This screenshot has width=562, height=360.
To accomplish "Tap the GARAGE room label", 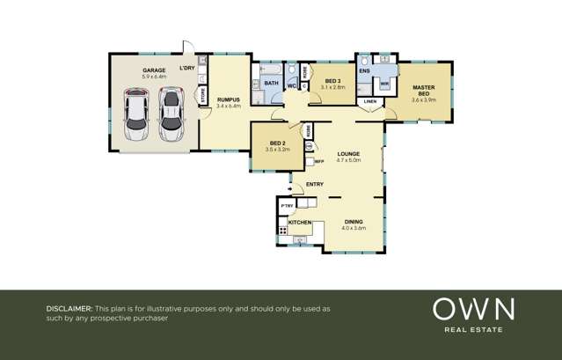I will point(154,70).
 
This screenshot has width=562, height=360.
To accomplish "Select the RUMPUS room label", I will point(229,99).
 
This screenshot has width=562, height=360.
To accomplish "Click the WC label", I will point(291,85).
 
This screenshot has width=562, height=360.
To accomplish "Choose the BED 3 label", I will point(332,81).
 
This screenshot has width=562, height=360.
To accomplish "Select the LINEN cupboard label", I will point(369,102).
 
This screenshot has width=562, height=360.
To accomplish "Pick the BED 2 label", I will point(277,143).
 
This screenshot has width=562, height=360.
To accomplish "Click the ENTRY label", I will point(314,184).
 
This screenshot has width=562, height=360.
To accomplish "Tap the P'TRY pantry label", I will point(286,206).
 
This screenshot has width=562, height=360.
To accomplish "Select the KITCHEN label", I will point(300,223).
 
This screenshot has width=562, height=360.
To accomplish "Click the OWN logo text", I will point(472,309).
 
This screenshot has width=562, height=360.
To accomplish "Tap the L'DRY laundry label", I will point(187,69).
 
